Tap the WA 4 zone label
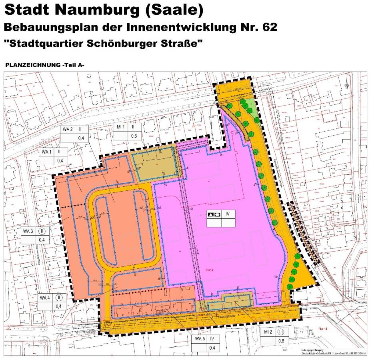coord(45,298)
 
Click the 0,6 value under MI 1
coord(134,136)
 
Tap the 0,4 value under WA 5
coord(212,348)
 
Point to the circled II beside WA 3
coord(42,231)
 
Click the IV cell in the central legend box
coord(228,215)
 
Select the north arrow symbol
coord(346,83)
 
